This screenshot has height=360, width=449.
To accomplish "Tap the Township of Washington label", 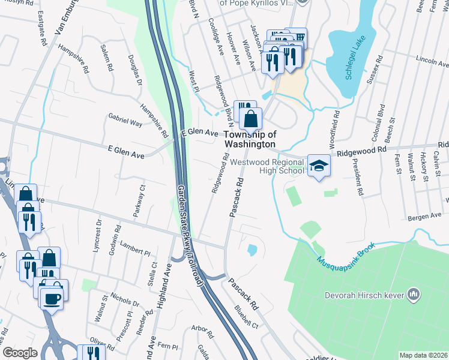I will tap(250, 140).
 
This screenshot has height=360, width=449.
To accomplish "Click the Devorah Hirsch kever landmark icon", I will tap(413, 294).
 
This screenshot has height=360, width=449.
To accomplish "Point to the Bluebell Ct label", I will tap(246, 317).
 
